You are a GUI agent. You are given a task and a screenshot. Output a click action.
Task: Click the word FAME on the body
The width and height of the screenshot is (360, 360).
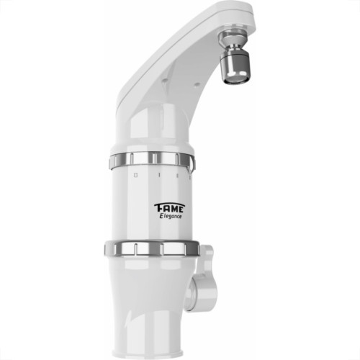click(169, 208)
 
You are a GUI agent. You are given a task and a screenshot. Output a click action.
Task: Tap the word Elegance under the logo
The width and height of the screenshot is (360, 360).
click(171, 216)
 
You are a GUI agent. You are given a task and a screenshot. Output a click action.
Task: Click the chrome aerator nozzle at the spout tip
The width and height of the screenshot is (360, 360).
click(235, 58)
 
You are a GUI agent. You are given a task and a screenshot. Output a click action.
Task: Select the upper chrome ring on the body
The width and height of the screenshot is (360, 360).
click(152, 160)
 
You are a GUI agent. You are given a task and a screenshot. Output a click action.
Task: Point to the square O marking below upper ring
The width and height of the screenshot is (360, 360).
click(135, 176)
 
